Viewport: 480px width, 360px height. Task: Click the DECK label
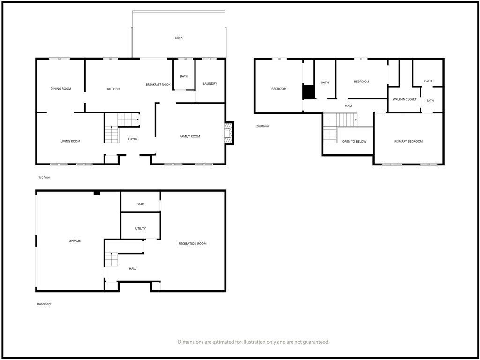click(179, 37)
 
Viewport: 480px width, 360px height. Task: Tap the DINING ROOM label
click(60, 89)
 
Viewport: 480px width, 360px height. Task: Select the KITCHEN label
click(113, 89)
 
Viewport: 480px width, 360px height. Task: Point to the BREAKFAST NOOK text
click(158, 84)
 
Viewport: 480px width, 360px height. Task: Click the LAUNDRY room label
click(210, 83)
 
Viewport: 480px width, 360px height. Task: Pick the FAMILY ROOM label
click(190, 136)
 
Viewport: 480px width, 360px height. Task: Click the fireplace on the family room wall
click(229, 133)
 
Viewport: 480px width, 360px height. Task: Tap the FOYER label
click(133, 139)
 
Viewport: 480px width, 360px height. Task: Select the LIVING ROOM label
click(70, 141)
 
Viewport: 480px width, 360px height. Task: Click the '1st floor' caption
click(44, 177)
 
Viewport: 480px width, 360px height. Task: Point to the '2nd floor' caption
click(262, 126)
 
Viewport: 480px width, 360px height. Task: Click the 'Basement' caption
click(45, 304)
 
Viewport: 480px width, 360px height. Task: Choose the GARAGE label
click(75, 241)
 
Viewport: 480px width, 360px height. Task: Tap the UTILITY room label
click(141, 228)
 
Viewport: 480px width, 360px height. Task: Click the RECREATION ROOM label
click(193, 244)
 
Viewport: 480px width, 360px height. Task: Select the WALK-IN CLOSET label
click(405, 99)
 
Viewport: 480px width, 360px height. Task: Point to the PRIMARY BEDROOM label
click(408, 142)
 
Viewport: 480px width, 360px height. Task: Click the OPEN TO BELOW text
click(354, 142)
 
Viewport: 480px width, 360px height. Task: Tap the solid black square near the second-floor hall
click(308, 92)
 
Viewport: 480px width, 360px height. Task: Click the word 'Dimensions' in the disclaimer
click(190, 342)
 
